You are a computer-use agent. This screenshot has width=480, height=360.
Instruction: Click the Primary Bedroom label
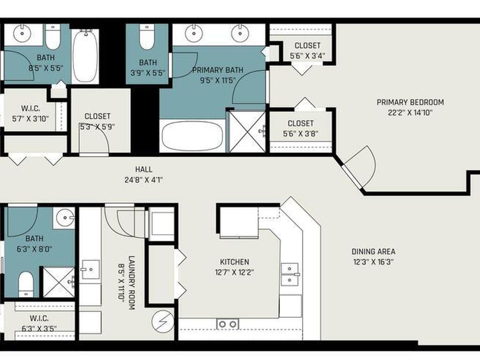point(410,102)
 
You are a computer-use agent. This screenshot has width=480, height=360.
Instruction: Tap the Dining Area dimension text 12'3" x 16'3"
point(373,262)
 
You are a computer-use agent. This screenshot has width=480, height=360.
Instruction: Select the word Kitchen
point(234,262)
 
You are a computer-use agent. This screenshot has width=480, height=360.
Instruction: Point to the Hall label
point(143,169)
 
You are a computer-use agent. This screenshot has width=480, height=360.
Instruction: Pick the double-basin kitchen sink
point(290,274)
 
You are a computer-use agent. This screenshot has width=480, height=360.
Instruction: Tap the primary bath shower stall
point(247,132)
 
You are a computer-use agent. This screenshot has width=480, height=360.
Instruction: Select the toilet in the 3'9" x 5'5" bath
point(147,37)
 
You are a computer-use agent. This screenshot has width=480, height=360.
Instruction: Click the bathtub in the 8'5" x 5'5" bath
point(85,56)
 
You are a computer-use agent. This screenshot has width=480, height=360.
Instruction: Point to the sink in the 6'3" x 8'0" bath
point(65,217)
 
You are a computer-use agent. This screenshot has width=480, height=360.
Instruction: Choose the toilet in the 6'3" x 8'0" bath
point(26,284)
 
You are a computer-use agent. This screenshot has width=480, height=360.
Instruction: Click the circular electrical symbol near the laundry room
point(163,322)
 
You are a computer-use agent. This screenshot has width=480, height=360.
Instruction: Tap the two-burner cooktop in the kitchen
point(228,324)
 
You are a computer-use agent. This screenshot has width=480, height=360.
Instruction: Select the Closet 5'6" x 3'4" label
point(307,51)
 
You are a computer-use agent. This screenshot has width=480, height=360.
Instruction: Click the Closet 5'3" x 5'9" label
point(97,121)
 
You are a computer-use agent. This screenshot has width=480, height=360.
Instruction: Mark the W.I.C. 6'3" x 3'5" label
point(39,323)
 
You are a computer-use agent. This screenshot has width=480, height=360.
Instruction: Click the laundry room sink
point(90,270)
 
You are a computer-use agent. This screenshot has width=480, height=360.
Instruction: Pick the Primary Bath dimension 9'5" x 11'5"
point(217,81)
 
